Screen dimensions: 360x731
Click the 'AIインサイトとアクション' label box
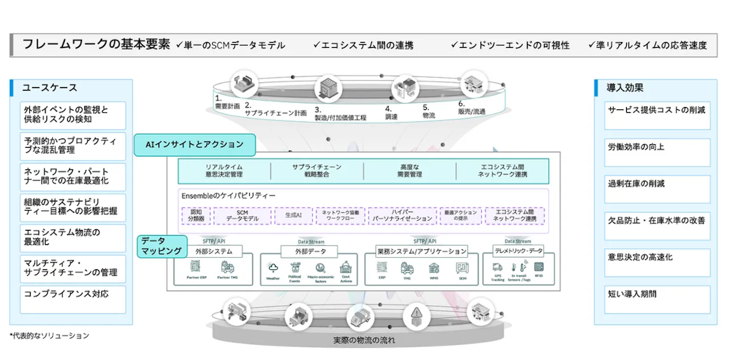point(194,145)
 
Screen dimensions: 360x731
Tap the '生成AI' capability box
point(293,214)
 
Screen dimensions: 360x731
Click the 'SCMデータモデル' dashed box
point(242,215)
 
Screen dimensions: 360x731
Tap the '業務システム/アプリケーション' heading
point(422,251)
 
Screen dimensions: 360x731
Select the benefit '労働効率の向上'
point(651,147)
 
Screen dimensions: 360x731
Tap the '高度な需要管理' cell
point(409,171)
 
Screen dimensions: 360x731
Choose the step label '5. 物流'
point(428,111)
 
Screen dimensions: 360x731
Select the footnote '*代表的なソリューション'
point(49,335)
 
